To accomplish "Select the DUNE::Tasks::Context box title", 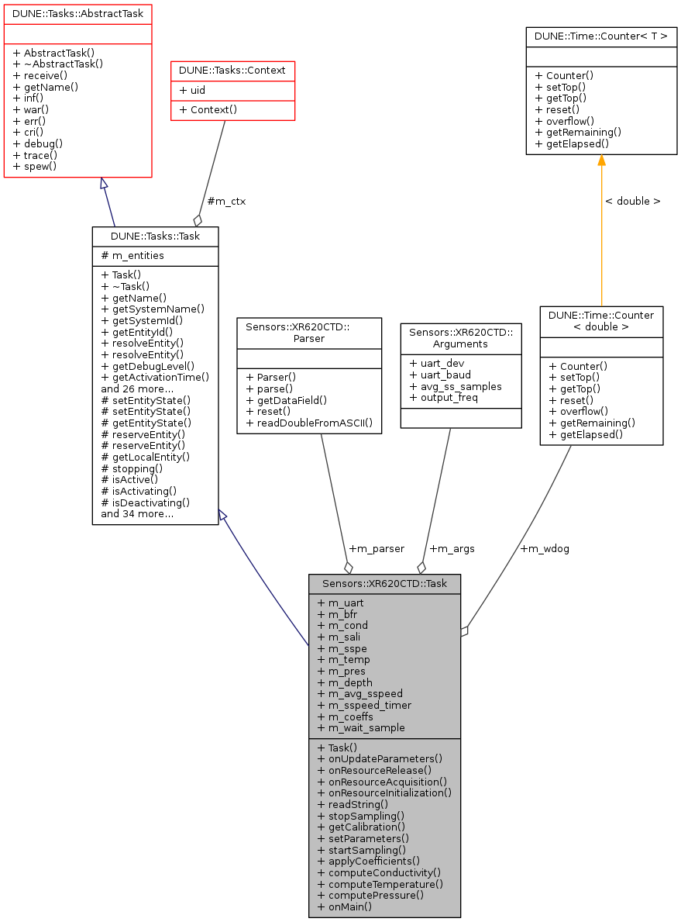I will (232, 71).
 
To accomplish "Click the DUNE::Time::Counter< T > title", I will (601, 36).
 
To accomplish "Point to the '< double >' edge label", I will (633, 201).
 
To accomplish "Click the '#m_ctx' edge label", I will (226, 201).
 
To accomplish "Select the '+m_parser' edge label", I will (377, 548).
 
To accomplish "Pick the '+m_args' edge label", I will (452, 548).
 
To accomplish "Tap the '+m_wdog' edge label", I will (545, 548).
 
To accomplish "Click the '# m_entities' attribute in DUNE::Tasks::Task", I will (132, 255).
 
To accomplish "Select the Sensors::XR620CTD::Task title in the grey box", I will (384, 583).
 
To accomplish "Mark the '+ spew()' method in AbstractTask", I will (35, 166).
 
